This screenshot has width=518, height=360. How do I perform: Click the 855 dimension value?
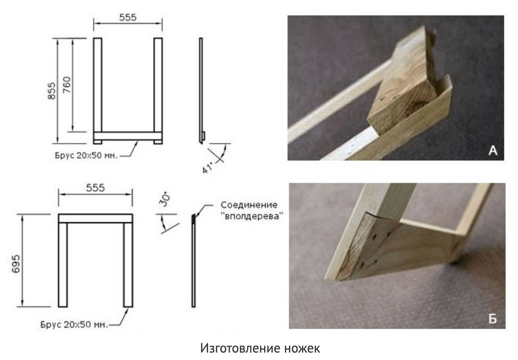(52, 91)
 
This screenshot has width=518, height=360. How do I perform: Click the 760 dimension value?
(67, 85)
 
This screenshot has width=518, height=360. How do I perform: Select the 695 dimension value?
(16, 264)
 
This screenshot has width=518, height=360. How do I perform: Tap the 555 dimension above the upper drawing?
(128, 17)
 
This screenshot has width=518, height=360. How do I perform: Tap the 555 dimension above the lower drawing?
(95, 188)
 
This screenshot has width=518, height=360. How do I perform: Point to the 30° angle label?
(164, 199)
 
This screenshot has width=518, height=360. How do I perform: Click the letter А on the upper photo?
(493, 151)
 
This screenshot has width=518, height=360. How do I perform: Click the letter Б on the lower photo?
(493, 319)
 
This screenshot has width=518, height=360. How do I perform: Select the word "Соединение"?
(249, 205)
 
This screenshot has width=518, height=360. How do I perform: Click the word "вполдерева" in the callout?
(252, 216)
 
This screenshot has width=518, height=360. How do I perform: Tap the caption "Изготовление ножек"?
(260, 348)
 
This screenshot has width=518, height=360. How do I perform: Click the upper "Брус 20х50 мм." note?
(86, 155)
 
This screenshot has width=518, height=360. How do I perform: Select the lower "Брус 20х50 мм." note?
(74, 324)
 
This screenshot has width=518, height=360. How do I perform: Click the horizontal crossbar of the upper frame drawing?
(128, 136)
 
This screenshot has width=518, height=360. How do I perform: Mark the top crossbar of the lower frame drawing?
(95, 219)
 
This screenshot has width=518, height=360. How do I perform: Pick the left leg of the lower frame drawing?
(63, 265)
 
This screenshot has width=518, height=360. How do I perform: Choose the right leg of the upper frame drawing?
(158, 91)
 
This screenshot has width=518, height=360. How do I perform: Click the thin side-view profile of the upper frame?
(201, 90)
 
